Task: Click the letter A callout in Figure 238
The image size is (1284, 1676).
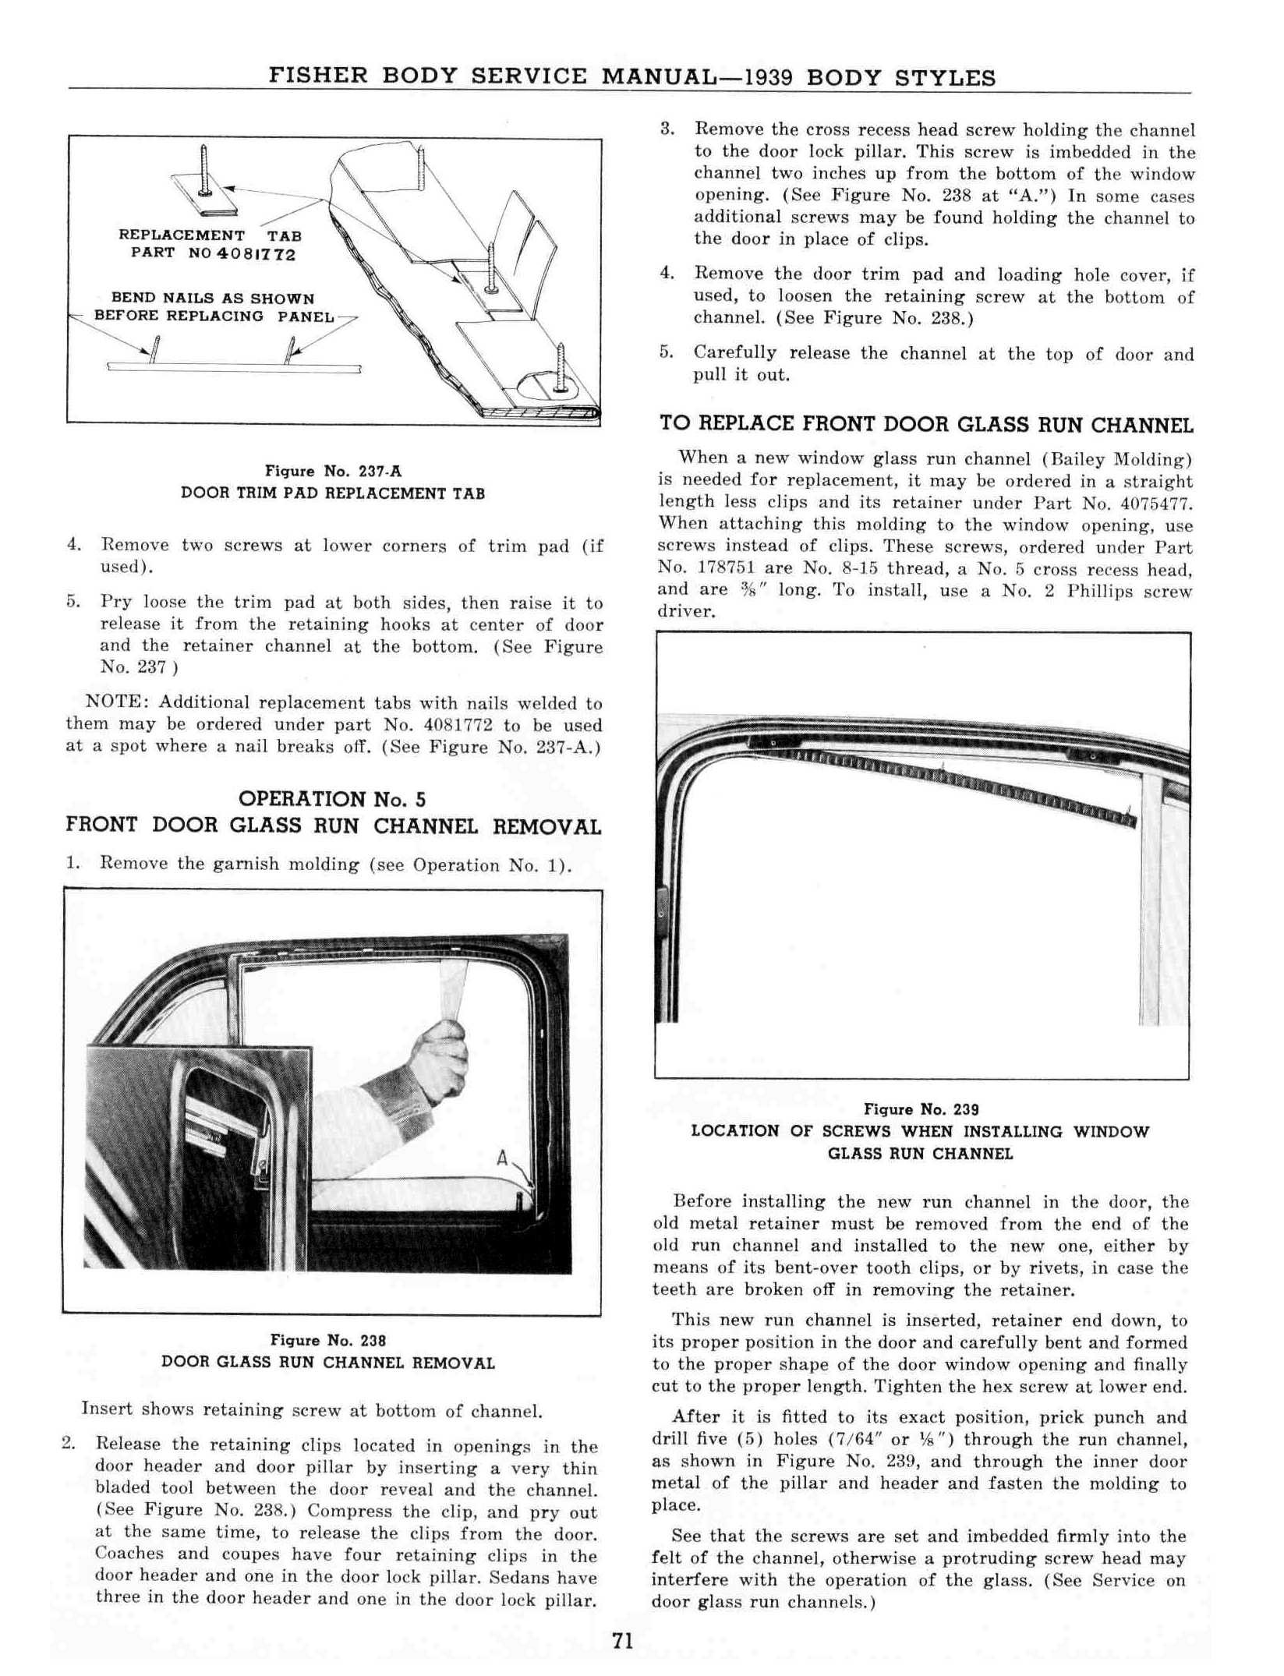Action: click(503, 1159)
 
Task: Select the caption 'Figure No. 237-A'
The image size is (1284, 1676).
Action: click(333, 471)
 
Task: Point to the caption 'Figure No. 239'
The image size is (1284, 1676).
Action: click(921, 1109)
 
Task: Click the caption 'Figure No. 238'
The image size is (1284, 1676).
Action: click(327, 1340)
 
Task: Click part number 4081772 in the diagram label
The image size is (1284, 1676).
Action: click(258, 254)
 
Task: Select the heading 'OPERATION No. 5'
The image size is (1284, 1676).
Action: click(333, 798)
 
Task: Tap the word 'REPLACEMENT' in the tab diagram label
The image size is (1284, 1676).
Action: click(182, 235)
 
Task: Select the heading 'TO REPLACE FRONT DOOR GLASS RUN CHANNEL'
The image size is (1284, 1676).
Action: click(925, 424)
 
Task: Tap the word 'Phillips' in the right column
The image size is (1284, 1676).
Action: click(1101, 591)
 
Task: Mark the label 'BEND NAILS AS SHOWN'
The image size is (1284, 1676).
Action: click(213, 299)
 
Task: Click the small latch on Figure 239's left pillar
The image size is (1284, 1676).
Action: click(663, 903)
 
